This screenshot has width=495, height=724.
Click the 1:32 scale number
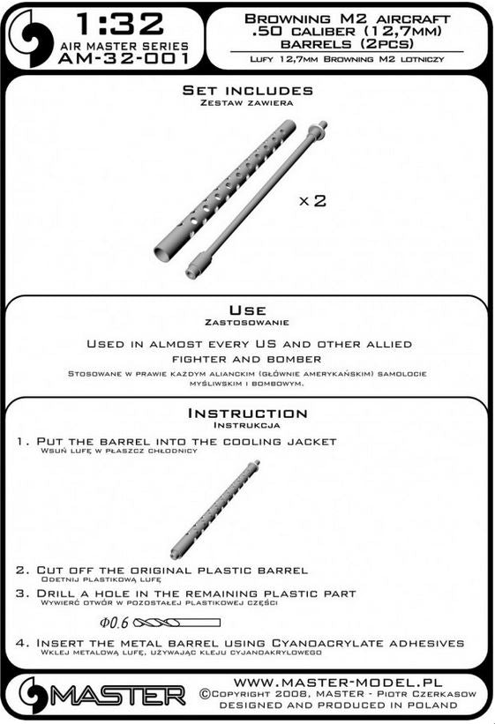pyautogui.click(x=120, y=25)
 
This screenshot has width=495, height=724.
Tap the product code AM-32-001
pyautogui.click(x=124, y=58)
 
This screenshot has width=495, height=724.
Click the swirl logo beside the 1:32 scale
pyautogui.click(x=31, y=38)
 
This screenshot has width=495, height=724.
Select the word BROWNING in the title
pyautogui.click(x=288, y=19)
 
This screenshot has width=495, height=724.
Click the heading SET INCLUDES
pyautogui.click(x=248, y=91)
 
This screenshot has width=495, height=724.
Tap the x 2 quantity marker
pyautogui.click(x=313, y=201)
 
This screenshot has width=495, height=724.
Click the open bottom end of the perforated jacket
pyautogui.click(x=162, y=252)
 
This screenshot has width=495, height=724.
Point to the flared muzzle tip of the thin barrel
pyautogui.click(x=321, y=125)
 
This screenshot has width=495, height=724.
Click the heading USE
pyautogui.click(x=247, y=310)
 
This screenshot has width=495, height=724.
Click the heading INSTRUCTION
pyautogui.click(x=247, y=414)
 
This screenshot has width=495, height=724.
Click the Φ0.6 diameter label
pyautogui.click(x=114, y=623)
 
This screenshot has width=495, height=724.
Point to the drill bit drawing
pyautogui.click(x=176, y=623)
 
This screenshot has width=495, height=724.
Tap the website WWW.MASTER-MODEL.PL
pyautogui.click(x=338, y=683)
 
